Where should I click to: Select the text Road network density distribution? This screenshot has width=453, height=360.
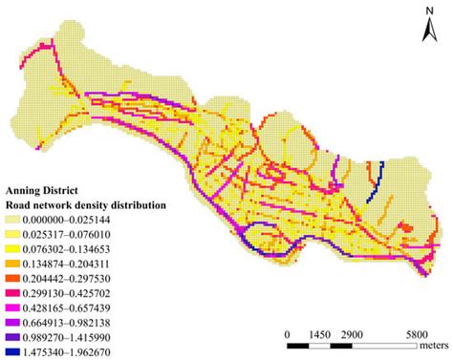(87, 204)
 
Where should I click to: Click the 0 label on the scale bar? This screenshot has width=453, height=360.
(288, 336)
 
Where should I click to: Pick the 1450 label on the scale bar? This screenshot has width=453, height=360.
(320, 336)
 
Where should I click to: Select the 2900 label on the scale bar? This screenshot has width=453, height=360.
(353, 336)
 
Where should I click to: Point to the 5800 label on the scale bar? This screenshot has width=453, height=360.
(417, 336)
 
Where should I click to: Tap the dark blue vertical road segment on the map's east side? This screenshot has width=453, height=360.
(379, 176)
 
